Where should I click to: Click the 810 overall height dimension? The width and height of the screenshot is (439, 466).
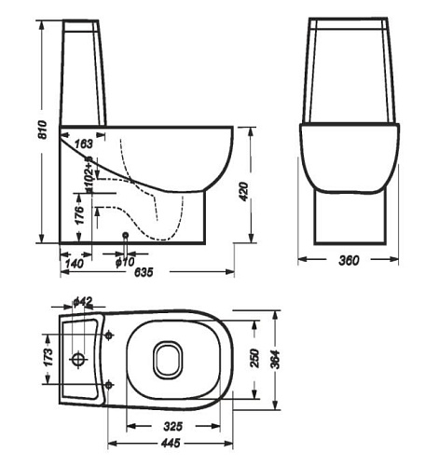tap(42, 130)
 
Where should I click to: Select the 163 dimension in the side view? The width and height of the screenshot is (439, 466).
tap(84, 144)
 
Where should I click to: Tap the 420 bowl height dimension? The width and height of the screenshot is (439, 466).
tap(244, 191)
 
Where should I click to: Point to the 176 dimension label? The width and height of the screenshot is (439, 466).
tap(80, 214)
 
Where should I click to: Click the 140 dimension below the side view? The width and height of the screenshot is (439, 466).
tap(75, 264)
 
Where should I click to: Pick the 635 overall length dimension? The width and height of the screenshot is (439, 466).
tap(144, 272)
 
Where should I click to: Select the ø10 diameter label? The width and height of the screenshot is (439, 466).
tap(125, 262)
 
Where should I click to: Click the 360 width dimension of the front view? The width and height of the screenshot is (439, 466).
tap(349, 260)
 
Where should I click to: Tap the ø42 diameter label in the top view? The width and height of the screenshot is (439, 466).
tap(82, 301)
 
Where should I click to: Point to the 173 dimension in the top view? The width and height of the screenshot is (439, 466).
tap(48, 357)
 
